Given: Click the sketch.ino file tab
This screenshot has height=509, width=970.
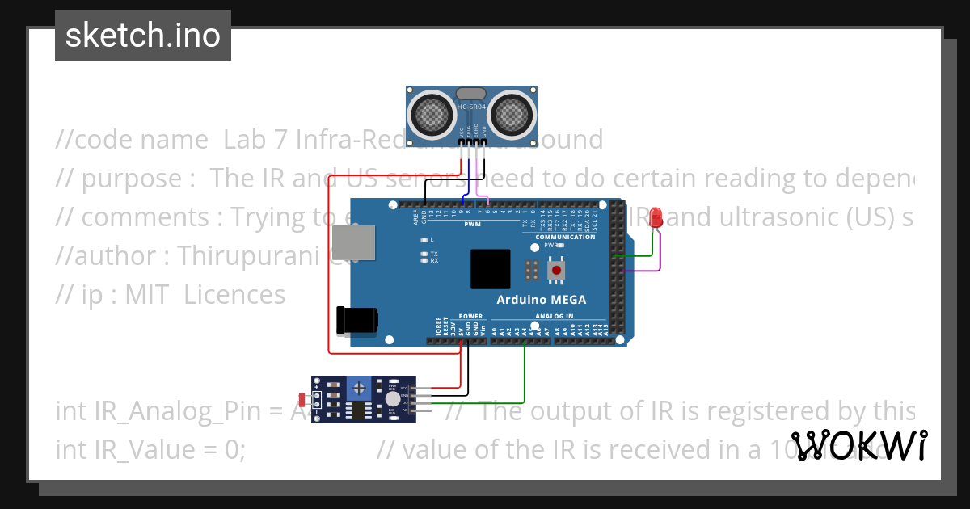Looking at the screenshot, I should pos(143,36).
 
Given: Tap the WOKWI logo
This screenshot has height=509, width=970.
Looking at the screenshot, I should pos(859,445).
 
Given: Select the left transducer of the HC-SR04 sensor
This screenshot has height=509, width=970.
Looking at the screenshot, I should pos(431,114).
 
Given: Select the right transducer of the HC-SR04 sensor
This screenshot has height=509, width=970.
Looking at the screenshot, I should pos(512,114).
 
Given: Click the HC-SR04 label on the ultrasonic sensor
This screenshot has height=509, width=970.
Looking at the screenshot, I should pos(471,107).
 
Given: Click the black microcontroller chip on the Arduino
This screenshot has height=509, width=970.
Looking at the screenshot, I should pos(491,269).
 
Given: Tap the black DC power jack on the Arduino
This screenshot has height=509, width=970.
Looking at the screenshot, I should pos(356,321).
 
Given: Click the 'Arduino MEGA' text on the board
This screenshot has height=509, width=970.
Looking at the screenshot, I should pos(542,300).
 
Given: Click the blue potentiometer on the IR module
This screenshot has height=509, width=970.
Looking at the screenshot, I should pos(358,391).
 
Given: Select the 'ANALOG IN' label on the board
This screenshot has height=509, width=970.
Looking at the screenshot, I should pos(554,317).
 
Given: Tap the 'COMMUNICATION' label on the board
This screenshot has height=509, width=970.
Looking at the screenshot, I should pos(565,237).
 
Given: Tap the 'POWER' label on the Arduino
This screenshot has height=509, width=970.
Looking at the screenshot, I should pos(470,317).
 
